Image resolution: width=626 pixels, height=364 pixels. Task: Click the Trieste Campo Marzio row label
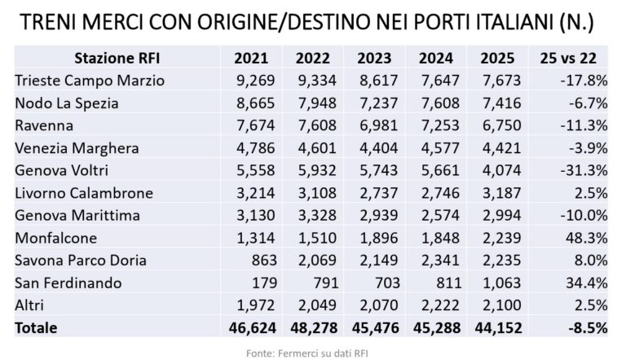pyautogui.click(x=90, y=80)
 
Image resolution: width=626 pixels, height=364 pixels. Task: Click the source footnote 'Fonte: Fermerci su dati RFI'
pyautogui.click(x=312, y=352)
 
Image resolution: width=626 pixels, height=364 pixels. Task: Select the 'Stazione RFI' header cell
pyautogui.click(x=111, y=58)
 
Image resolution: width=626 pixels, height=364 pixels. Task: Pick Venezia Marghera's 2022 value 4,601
pyautogui.click(x=313, y=148)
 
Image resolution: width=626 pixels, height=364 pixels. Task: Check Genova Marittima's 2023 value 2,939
pyautogui.click(x=375, y=216)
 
